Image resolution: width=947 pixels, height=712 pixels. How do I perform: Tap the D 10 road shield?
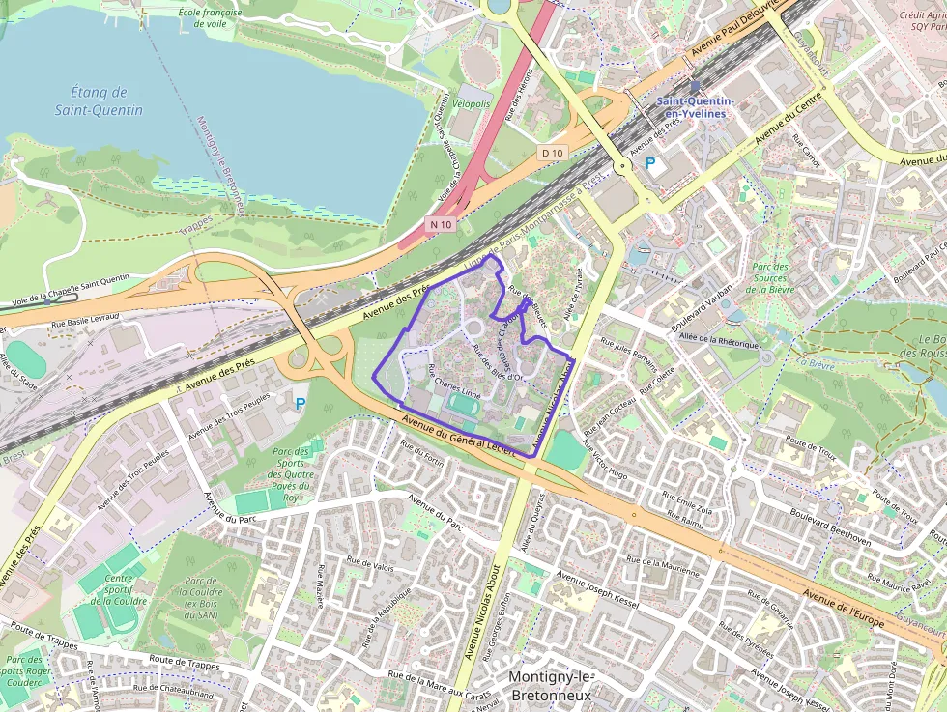pos(552,153)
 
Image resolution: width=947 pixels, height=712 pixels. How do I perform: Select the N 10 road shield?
pos(441,224)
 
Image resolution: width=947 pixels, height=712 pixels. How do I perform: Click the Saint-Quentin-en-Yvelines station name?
pos(695,106)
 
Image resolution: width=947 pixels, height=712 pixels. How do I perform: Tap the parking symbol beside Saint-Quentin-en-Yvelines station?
pos(651,164)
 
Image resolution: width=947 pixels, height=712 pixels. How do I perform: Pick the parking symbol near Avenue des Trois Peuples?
pos(300,403)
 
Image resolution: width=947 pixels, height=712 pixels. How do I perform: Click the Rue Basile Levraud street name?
pos(85,317)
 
